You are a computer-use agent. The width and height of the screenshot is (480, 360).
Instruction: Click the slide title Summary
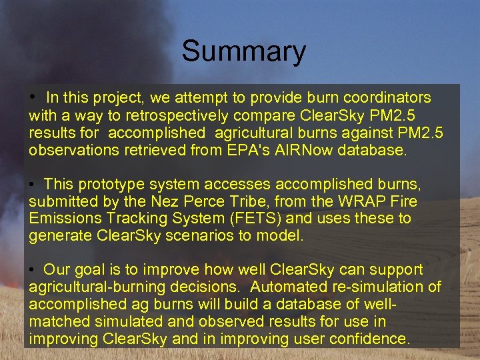click(243, 51)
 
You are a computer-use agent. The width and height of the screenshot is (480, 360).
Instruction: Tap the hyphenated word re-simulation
click(401, 287)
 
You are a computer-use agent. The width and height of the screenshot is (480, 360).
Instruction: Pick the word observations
click(74, 150)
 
